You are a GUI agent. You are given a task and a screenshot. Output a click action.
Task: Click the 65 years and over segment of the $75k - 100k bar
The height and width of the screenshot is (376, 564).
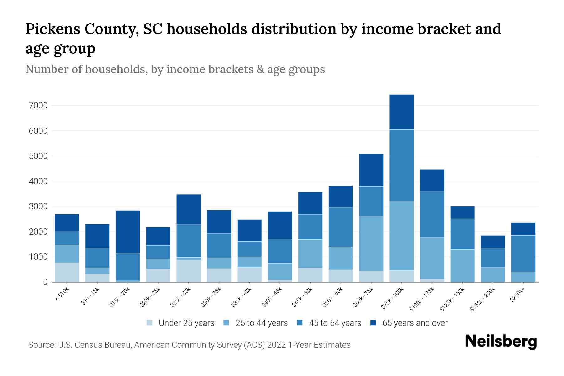coord(401,112)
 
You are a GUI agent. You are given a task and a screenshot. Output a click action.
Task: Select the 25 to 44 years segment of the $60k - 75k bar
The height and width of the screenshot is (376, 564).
coord(371,243)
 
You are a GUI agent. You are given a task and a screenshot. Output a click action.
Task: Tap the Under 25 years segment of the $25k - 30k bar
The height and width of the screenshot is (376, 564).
coord(189,271)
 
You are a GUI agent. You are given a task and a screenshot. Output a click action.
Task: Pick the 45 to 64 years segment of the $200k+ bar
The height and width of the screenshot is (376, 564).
coord(523,253)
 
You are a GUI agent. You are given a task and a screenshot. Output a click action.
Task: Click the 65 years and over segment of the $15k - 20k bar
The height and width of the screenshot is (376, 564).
coord(128,232)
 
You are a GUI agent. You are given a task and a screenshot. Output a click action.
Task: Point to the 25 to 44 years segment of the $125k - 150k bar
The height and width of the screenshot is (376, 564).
coord(462,266)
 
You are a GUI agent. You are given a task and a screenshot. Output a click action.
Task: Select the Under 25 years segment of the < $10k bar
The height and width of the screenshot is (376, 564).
coord(67,272)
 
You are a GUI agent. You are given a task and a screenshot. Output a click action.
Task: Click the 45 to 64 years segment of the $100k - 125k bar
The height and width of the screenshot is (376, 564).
coord(432,214)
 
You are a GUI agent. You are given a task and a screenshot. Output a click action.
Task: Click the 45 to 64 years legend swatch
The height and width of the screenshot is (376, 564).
coord(300,323)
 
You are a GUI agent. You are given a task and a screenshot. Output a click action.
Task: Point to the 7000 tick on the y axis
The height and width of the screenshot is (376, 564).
coord(38,106)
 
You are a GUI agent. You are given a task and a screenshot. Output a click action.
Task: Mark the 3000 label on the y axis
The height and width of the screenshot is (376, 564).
coord(38,207)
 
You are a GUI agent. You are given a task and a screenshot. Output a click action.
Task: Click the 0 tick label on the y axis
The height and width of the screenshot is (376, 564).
coord(45,282)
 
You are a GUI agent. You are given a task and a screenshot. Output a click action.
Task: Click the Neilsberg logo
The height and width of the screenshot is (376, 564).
coord(501,342)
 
